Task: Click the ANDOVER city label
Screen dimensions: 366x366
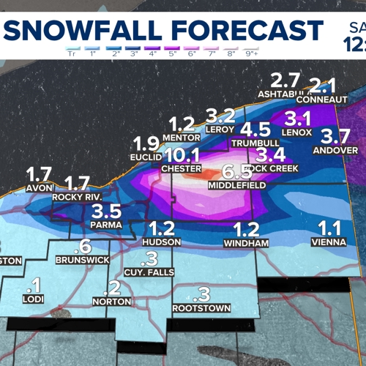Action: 335,150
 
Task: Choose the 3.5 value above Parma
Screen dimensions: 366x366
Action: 108,212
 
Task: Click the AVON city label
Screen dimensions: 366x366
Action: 38,187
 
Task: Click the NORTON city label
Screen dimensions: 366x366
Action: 113,301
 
